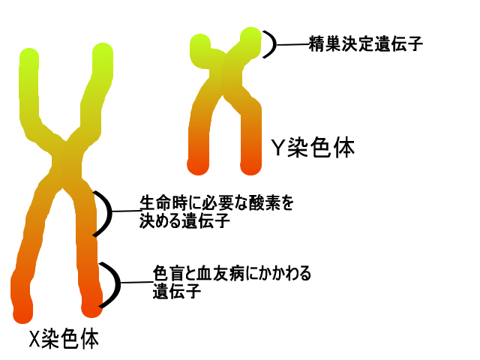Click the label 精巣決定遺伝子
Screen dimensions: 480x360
pyautogui.click(x=366, y=44)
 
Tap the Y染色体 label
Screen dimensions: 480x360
pyautogui.click(x=312, y=148)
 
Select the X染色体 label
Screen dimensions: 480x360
pyautogui.click(x=63, y=339)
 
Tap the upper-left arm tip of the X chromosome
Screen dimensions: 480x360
pyautogui.click(x=28, y=58)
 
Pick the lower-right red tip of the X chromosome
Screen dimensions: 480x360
pyautogui.click(x=91, y=306)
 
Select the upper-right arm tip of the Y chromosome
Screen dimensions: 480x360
pyautogui.click(x=250, y=38)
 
